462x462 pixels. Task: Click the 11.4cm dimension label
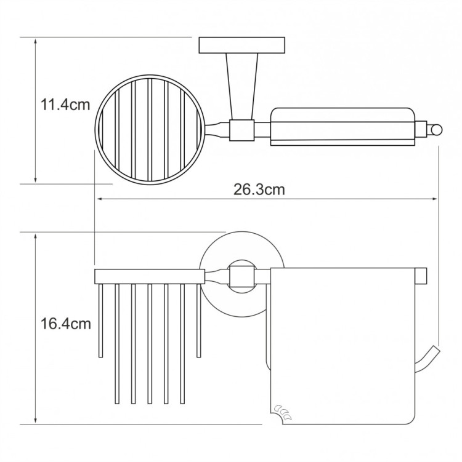tap(65, 105)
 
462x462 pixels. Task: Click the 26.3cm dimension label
tap(259, 189)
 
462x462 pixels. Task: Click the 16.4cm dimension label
tap(65, 322)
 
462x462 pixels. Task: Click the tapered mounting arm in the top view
tap(240, 86)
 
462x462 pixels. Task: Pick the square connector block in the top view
tap(241, 129)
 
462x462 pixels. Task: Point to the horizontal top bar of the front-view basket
tap(148, 276)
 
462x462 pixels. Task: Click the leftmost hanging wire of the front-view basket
tap(99, 320)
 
